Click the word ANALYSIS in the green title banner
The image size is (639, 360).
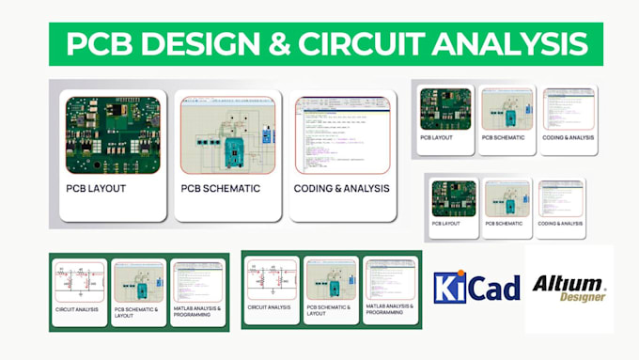pos(517,43)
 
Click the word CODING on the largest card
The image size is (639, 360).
pos(318,188)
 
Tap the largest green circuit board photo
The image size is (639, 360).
pos(113,133)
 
